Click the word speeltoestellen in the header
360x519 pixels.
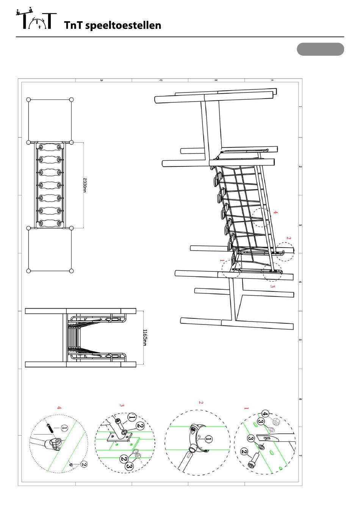coord(123,25)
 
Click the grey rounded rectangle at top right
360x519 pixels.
coord(320,49)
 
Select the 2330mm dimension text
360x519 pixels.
coord(85,185)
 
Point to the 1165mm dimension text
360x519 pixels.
coord(145,337)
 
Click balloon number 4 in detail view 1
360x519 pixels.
coord(265,414)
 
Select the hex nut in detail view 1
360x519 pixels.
coord(275,422)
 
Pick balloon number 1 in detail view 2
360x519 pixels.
coord(209,439)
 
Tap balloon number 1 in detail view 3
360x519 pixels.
coord(132,417)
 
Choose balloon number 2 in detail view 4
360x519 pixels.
coord(84,464)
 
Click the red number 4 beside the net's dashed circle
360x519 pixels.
coord(275,212)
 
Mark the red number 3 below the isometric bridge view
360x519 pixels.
coord(272,286)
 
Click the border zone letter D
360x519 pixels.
coord(102,80)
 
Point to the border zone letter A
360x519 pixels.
coord(272,80)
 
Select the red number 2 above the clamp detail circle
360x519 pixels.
coord(288,238)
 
